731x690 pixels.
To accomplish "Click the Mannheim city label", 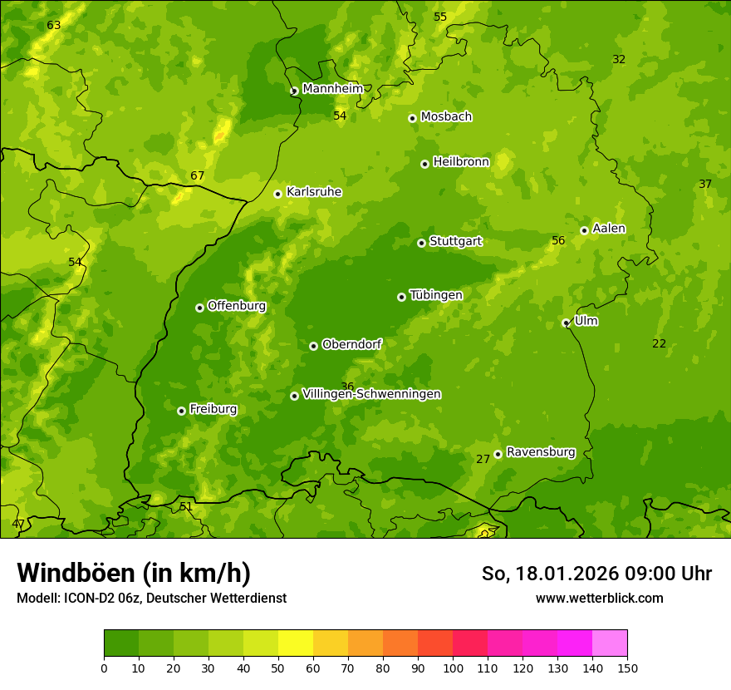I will (332, 88).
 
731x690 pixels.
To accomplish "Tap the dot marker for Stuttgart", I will (421, 243).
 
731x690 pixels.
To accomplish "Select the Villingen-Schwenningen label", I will (371, 394).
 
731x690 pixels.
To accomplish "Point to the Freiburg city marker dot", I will (181, 411).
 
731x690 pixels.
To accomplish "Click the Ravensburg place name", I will (541, 452).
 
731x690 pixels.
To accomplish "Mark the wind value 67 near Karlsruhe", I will (197, 175).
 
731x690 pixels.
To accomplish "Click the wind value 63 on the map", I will (54, 25).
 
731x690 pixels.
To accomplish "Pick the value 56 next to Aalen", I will (558, 240).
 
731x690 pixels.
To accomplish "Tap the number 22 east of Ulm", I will (659, 343).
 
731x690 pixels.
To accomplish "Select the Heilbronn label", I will (461, 161).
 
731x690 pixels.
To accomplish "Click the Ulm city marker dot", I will (566, 323).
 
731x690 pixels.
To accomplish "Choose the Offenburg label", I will (237, 305).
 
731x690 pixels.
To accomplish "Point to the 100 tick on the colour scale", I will (453, 668).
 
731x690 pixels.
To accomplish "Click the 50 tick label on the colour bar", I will (278, 668).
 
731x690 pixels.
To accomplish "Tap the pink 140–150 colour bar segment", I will (609, 643).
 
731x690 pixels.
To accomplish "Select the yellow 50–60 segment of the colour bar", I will (296, 643).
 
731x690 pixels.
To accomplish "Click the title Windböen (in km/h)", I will (133, 573).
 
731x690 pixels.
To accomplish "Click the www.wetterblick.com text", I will (599, 598).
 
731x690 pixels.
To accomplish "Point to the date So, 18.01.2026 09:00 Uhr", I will (596, 573).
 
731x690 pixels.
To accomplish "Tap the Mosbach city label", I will (446, 116).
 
